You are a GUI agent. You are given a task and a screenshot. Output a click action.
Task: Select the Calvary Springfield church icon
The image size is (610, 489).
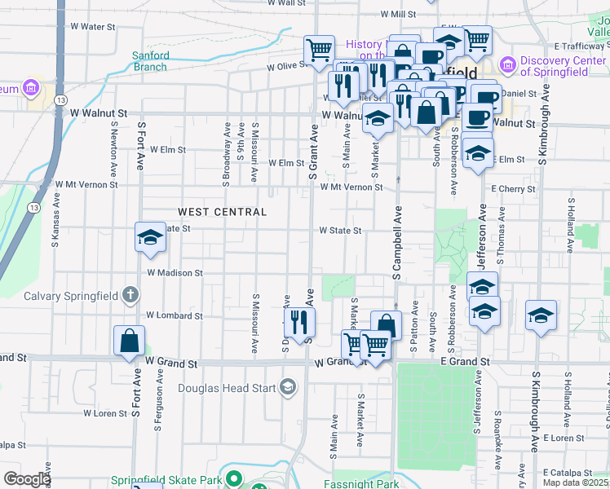[x=129, y=294]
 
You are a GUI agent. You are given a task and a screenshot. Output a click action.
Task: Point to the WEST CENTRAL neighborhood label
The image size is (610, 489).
[x=222, y=212]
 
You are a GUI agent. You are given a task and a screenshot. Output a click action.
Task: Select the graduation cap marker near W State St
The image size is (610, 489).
[x=150, y=237]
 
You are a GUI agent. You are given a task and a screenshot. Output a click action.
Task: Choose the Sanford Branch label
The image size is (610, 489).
[x=151, y=61]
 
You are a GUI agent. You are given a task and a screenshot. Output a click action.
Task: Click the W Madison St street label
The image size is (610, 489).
[x=175, y=273]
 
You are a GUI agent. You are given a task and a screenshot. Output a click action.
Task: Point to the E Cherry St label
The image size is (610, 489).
[x=513, y=189]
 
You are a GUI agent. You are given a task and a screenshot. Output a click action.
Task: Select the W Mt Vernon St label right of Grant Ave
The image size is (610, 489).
[x=351, y=187]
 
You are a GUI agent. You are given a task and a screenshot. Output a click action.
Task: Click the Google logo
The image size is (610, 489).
[x=27, y=479]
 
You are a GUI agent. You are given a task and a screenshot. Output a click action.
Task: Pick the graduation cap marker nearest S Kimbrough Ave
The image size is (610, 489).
[x=541, y=316]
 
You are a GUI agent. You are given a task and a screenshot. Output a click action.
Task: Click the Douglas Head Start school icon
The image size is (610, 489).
[x=287, y=385]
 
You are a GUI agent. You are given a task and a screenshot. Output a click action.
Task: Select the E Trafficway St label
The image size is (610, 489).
[x=581, y=46]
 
